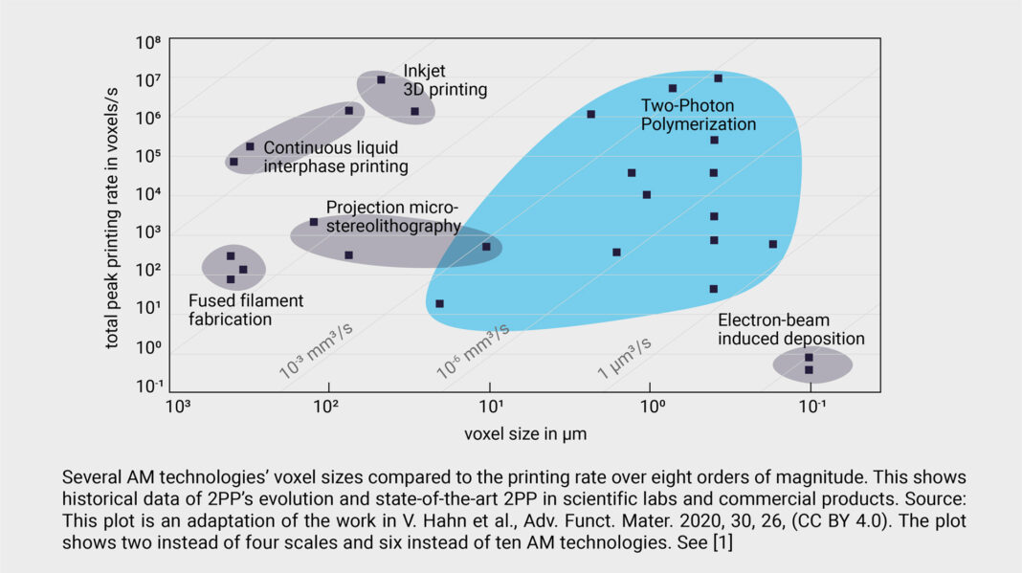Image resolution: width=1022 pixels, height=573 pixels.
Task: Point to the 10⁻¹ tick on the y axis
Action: (x=147, y=386)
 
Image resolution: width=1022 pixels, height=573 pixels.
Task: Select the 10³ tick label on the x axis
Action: (x=178, y=407)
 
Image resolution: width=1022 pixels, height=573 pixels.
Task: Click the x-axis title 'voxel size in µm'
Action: (x=525, y=433)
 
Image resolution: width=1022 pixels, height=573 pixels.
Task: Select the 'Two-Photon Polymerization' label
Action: (x=698, y=115)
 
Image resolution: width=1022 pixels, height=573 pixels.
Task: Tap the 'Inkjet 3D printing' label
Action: (x=444, y=80)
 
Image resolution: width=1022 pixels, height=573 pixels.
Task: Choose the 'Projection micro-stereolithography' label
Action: (x=392, y=216)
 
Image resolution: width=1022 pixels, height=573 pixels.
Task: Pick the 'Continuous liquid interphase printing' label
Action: (x=335, y=157)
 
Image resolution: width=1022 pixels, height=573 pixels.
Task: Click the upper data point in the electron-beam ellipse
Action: (x=809, y=358)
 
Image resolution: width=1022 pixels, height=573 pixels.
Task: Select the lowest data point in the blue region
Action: (x=439, y=303)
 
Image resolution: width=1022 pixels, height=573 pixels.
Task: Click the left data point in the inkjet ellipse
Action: (x=381, y=79)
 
